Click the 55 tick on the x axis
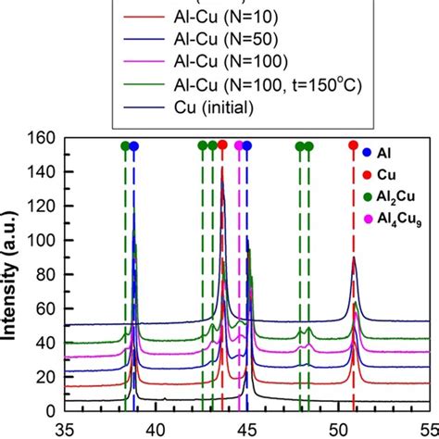click(424, 428)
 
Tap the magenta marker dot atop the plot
click(239, 146)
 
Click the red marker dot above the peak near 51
click(353, 146)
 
